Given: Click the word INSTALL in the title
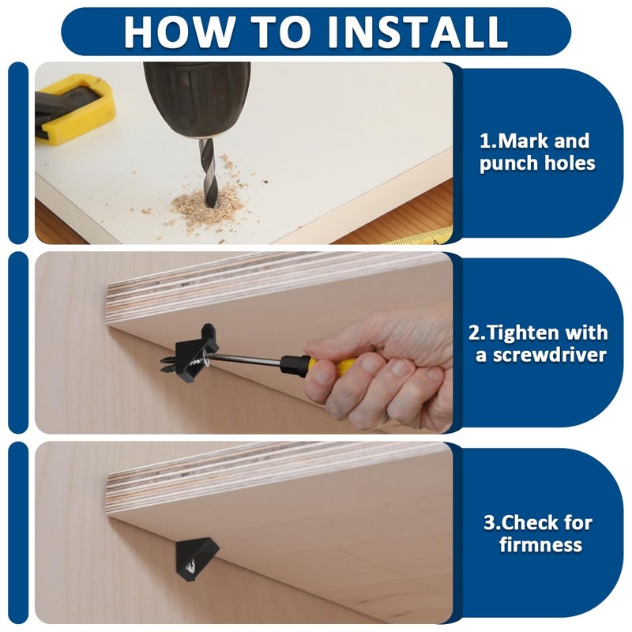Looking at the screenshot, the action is tap(418, 32).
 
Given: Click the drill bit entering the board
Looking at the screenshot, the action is tap(209, 171).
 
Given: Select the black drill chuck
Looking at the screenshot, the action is tap(197, 99).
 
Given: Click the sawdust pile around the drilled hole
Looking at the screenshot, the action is tap(209, 205).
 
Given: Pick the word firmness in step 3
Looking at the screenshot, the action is tap(540, 545).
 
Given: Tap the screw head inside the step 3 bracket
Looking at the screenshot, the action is tap(190, 567).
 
